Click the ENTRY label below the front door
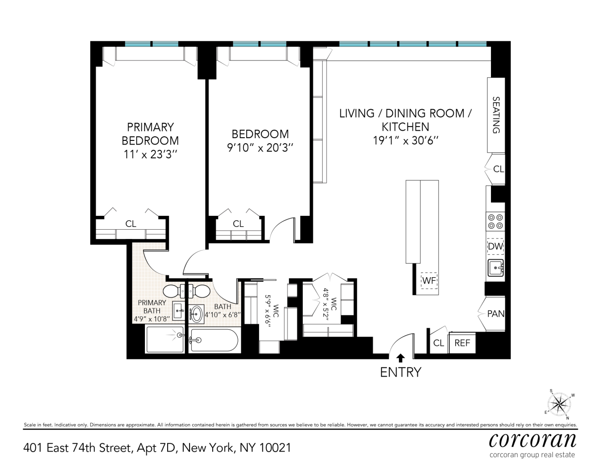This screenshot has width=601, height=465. [400, 372]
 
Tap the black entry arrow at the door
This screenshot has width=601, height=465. [400, 358]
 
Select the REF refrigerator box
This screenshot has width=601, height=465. [462, 343]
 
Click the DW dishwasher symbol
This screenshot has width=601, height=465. [496, 246]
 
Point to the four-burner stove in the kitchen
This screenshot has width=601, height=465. [496, 221]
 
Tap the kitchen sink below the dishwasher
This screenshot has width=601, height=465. [496, 268]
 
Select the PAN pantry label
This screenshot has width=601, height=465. [496, 314]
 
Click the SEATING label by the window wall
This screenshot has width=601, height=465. [496, 115]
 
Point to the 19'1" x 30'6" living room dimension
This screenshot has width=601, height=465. [406, 140]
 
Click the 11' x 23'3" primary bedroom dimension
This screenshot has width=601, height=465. [150, 154]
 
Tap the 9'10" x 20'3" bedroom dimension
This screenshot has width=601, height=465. [260, 148]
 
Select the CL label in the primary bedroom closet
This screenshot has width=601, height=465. [131, 224]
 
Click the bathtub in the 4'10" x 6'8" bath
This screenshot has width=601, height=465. [213, 341]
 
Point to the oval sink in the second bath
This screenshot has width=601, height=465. [197, 312]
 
